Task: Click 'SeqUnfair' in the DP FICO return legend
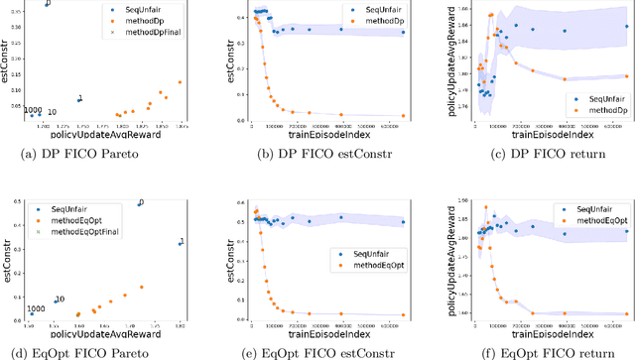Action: [x=598, y=98]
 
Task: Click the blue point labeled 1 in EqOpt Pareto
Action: [x=180, y=243]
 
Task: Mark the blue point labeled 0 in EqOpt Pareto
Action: [x=137, y=205]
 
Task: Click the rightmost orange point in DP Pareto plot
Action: [x=180, y=82]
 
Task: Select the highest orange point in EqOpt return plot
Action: [x=485, y=208]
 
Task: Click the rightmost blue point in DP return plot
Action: [x=626, y=27]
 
